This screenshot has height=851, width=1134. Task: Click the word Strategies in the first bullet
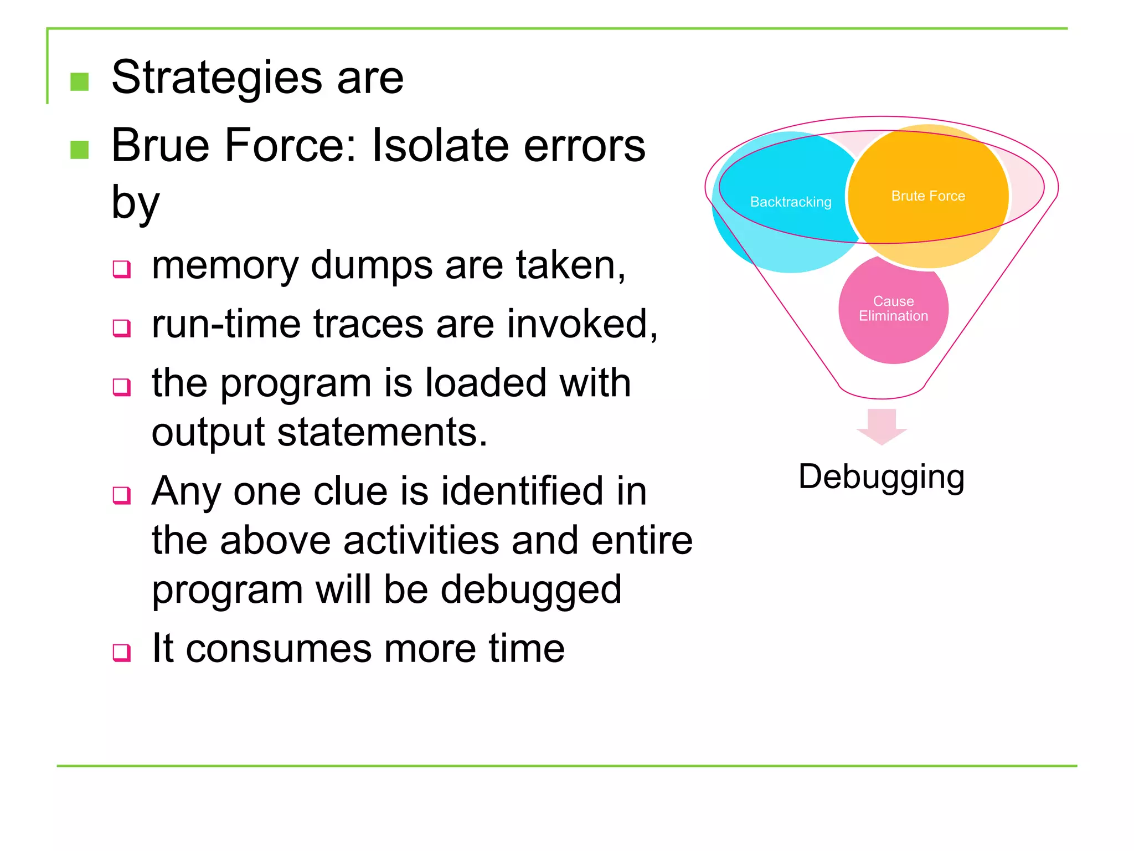click(217, 78)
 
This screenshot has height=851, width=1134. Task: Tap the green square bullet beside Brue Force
click(80, 150)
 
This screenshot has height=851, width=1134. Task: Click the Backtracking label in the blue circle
click(790, 202)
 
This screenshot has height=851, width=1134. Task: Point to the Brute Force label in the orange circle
click(927, 196)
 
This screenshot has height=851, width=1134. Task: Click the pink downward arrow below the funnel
click(881, 426)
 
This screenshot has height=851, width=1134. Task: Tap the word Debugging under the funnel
click(881, 477)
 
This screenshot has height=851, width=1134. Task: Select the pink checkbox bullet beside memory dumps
click(121, 269)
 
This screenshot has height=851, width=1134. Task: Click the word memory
click(225, 266)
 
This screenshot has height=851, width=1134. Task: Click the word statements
click(382, 432)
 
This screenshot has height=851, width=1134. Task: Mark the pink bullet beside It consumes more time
click(121, 652)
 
